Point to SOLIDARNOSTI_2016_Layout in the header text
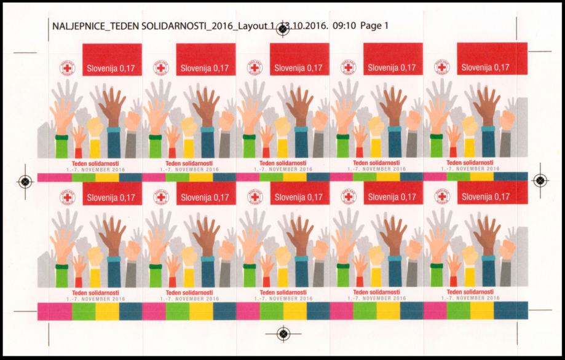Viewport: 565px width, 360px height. [199, 26]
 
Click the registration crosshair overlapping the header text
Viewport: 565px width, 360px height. [283, 28]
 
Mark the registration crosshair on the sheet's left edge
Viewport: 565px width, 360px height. [25, 181]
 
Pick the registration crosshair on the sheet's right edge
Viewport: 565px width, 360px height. [540, 181]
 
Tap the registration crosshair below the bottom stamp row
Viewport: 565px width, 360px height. [283, 333]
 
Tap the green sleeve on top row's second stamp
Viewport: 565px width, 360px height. [155, 147]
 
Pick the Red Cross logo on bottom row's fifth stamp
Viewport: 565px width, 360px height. [441, 198]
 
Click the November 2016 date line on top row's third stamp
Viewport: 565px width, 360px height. [283, 168]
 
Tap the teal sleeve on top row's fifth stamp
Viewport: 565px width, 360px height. [489, 142]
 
